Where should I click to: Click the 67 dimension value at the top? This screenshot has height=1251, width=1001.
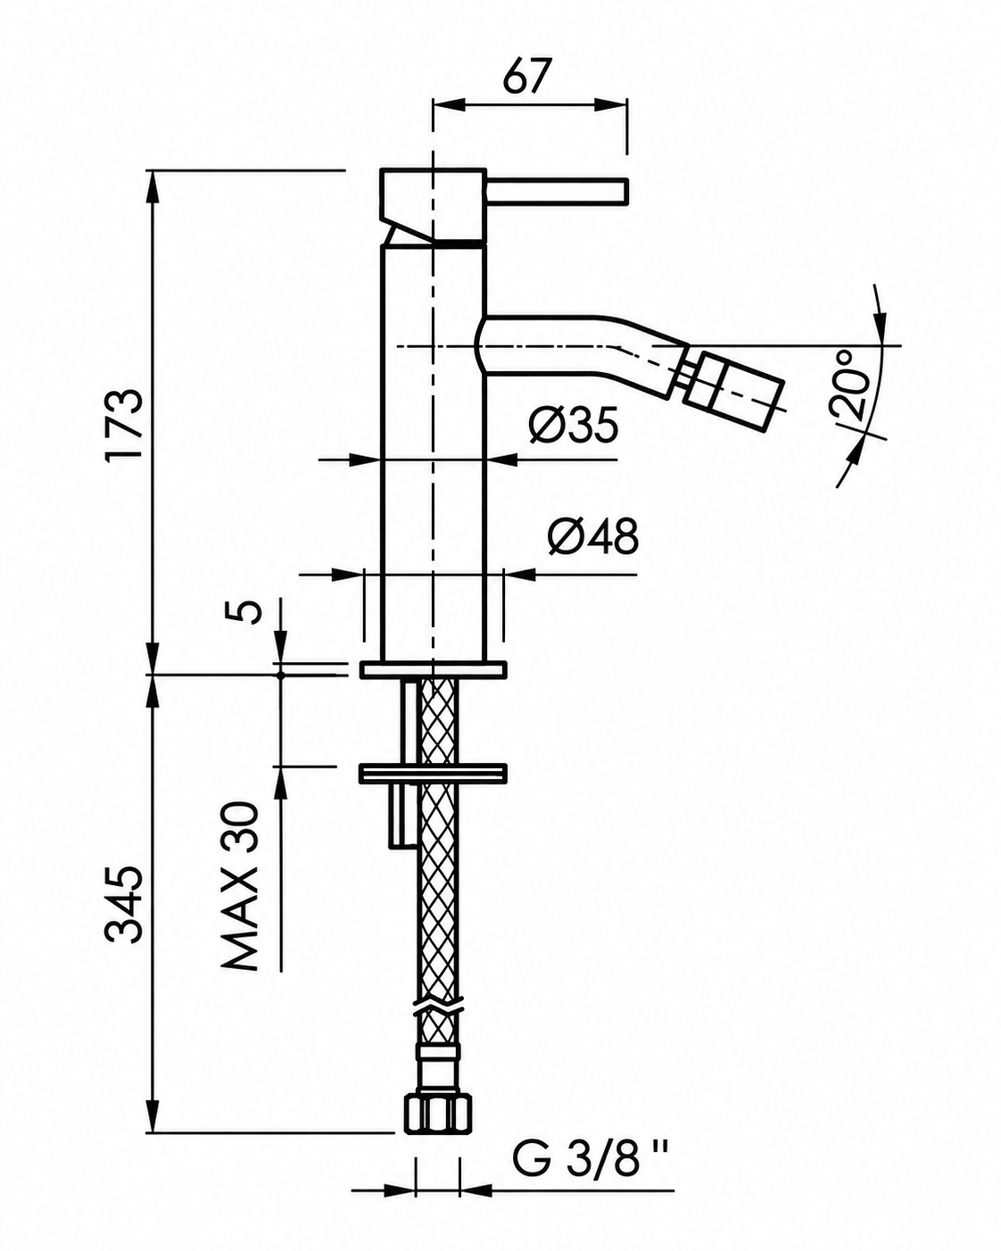[526, 75]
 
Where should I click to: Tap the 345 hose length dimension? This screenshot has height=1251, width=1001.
[123, 913]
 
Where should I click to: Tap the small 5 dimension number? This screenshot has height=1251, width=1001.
[250, 611]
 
